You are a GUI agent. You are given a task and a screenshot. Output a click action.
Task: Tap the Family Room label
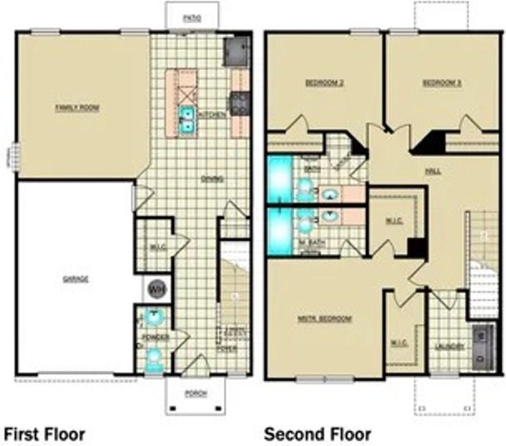[x=78, y=108]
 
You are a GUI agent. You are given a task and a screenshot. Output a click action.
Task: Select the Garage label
[x=75, y=279]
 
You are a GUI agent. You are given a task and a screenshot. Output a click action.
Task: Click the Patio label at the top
[x=191, y=19]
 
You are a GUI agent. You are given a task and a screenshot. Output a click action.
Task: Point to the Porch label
[x=196, y=394]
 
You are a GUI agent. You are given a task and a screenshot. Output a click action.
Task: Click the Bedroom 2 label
[x=324, y=83]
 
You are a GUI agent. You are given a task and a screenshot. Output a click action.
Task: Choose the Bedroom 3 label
[x=442, y=83]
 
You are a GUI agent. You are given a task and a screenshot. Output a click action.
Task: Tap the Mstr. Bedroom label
[x=324, y=319]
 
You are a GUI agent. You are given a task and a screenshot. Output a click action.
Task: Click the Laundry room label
[x=450, y=346]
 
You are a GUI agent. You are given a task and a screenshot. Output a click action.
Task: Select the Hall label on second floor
[x=433, y=171]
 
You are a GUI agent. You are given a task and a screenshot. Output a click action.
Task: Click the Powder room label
[x=156, y=337]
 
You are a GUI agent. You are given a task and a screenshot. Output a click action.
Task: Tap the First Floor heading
[x=45, y=434]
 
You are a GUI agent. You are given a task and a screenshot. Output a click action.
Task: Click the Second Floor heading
[x=318, y=434]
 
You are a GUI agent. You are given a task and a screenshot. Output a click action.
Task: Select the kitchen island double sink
[x=188, y=119]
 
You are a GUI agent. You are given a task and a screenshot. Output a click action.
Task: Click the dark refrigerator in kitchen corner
[x=237, y=52]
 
